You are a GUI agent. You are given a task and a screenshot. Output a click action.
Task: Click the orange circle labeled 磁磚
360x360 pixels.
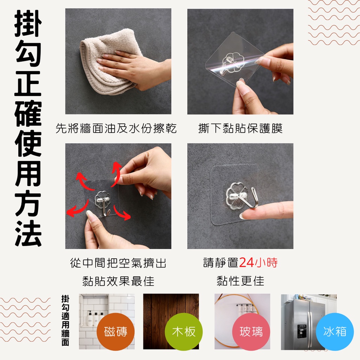(115, 332)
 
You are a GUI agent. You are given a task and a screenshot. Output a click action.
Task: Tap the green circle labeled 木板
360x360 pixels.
(184, 332)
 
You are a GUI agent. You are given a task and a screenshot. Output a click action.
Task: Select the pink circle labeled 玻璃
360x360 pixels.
(251, 332)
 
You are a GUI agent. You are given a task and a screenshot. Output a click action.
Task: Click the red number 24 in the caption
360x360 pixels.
(249, 262)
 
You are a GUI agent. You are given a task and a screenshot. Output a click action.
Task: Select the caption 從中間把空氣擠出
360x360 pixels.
(118, 263)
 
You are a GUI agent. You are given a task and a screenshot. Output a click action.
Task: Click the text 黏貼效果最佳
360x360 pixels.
(118, 281)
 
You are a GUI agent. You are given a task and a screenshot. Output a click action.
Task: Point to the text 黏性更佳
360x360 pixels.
(240, 281)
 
